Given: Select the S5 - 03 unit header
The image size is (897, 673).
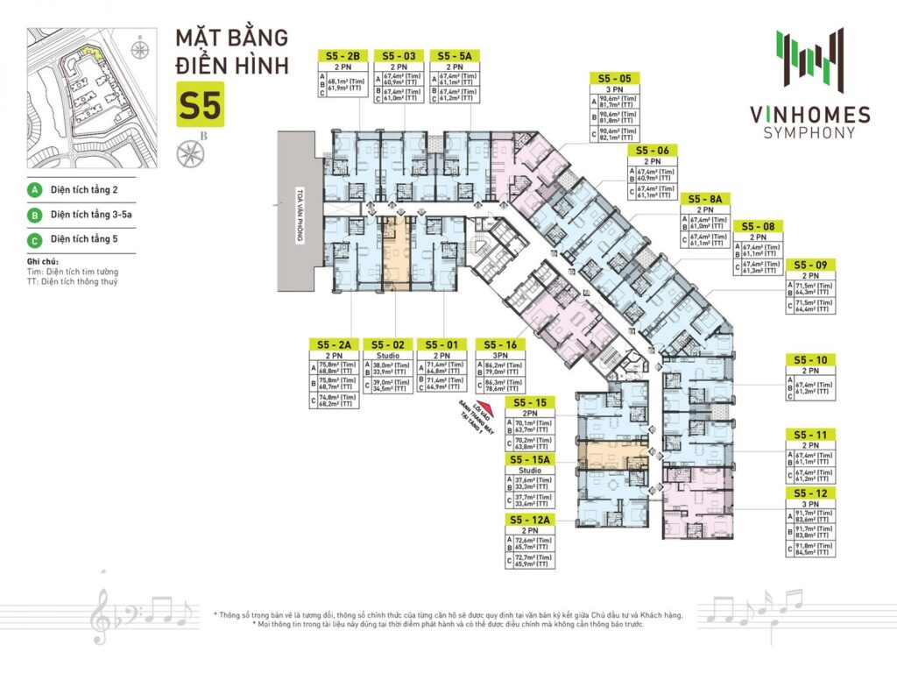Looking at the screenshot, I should [x=399, y=54].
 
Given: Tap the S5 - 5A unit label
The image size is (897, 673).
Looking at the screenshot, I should [x=456, y=54].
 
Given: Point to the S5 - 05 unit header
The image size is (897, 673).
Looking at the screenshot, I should [x=616, y=77].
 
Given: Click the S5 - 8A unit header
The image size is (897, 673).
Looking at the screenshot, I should [x=706, y=198].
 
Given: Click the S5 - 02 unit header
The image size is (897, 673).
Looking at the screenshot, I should [x=387, y=344].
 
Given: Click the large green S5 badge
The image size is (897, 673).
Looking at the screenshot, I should [x=201, y=104].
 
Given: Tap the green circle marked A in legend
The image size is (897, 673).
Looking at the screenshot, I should [x=36, y=189].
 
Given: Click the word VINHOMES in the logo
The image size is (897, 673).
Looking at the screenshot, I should [x=810, y=115].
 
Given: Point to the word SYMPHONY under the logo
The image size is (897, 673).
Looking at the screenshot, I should [x=810, y=133].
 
